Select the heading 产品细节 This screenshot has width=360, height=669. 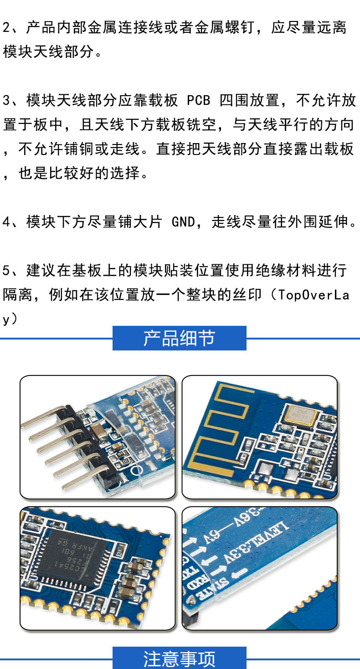[179, 339]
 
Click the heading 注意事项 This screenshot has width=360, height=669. [179, 659]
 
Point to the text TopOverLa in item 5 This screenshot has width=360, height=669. [314, 295]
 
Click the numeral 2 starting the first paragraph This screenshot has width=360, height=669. [6, 27]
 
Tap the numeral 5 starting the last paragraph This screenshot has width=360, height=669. [6, 271]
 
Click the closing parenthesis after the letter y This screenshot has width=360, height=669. [14, 319]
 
